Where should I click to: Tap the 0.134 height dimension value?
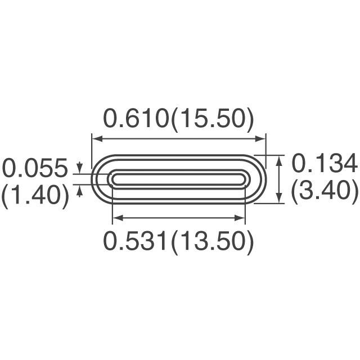[325, 165]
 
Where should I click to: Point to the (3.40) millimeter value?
[325, 191]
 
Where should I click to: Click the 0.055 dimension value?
[35, 168]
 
